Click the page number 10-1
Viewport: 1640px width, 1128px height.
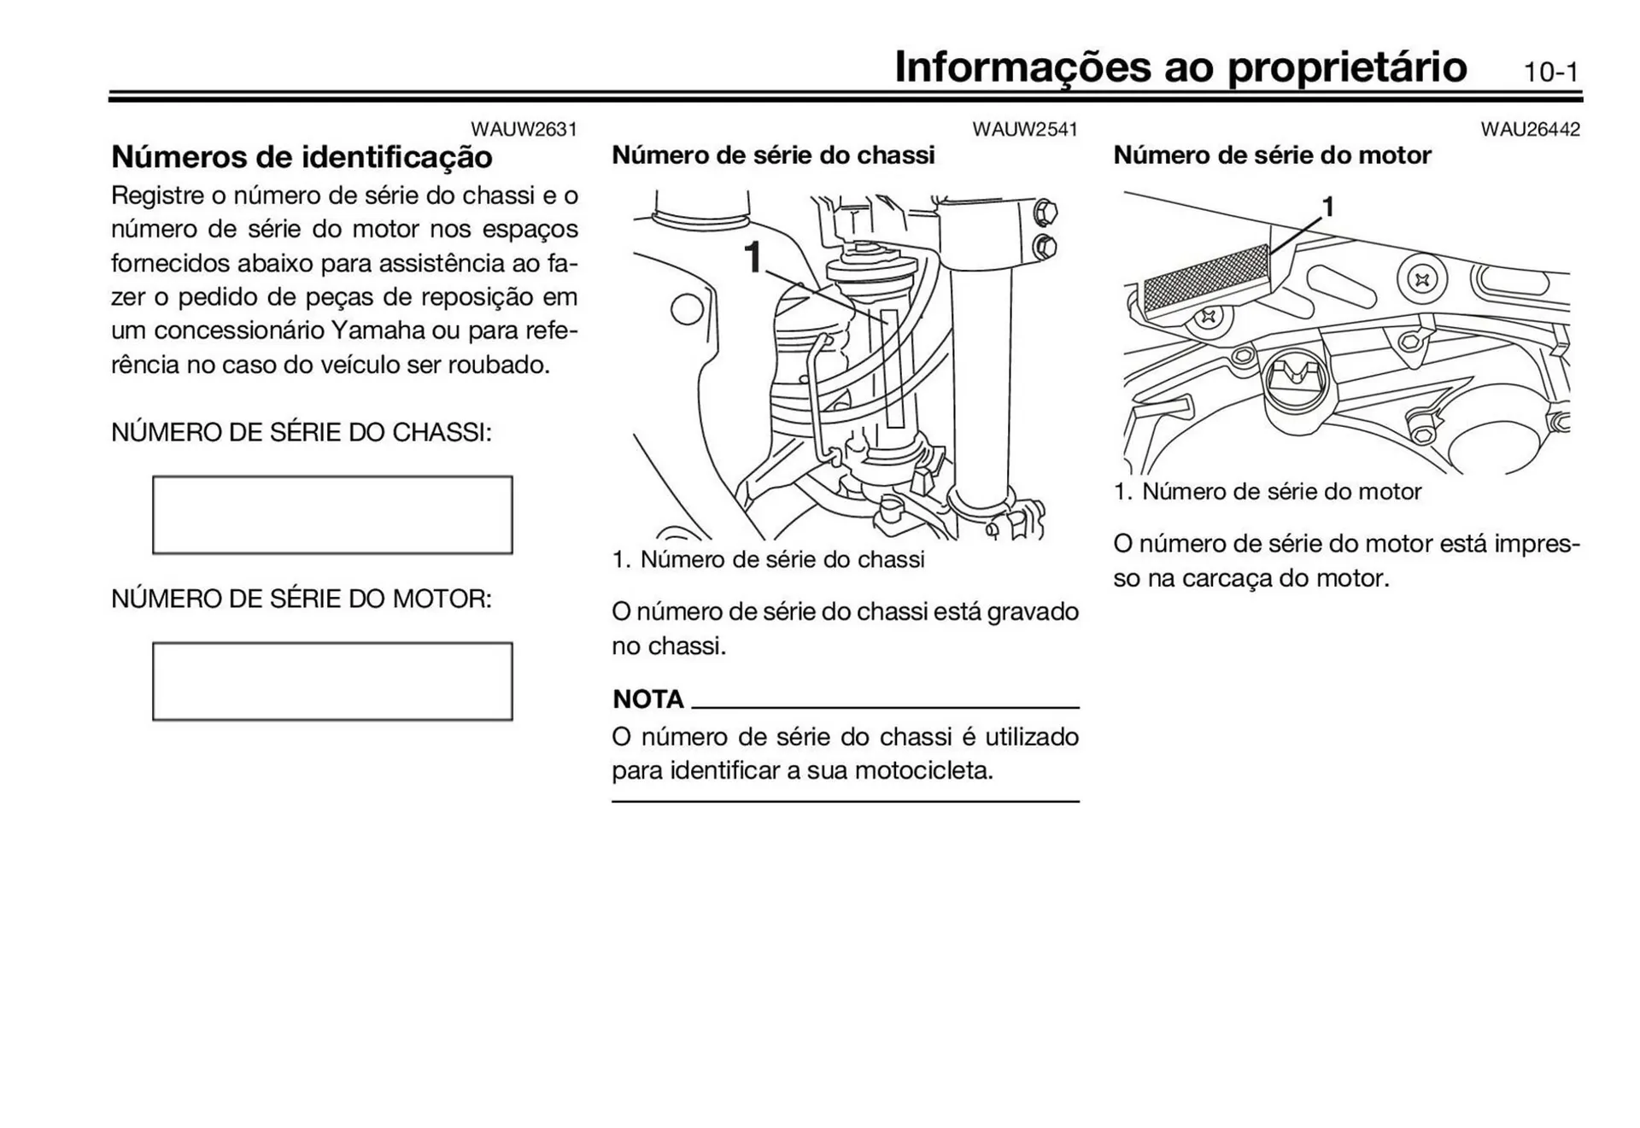tap(1551, 73)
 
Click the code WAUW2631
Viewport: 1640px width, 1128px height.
tap(524, 129)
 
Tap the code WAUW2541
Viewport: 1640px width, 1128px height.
tap(1024, 129)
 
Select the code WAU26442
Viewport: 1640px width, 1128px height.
tap(1530, 129)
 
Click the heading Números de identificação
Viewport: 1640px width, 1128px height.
tap(302, 157)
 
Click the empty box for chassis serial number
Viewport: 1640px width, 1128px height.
tap(332, 515)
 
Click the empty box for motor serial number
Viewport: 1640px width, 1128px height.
tap(332, 681)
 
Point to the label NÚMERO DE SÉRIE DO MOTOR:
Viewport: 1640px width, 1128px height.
tap(302, 599)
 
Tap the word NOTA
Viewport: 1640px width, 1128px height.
tap(647, 699)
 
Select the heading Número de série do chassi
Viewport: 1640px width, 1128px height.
tap(773, 155)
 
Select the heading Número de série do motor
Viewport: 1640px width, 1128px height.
tap(1271, 155)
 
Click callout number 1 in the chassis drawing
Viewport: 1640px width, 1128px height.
tap(752, 257)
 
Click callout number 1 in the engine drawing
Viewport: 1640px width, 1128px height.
tap(1327, 207)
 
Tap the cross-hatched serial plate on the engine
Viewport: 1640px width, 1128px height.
tap(1206, 278)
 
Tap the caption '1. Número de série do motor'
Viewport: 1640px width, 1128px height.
tap(1267, 492)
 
